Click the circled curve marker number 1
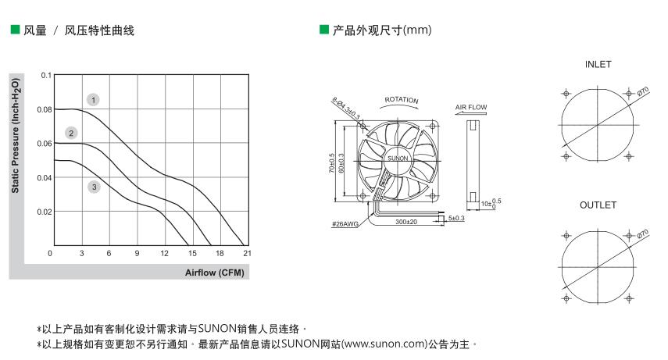coord(93,100)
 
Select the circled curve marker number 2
coord(71,133)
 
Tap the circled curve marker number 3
coord(95,187)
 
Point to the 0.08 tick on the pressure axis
coord(45,109)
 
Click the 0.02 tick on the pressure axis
coord(45,212)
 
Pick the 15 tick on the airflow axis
coord(192,253)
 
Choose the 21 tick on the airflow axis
coord(247,253)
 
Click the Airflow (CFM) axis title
coord(214,273)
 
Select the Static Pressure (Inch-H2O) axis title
coord(16,135)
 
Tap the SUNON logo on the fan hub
coord(398,158)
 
